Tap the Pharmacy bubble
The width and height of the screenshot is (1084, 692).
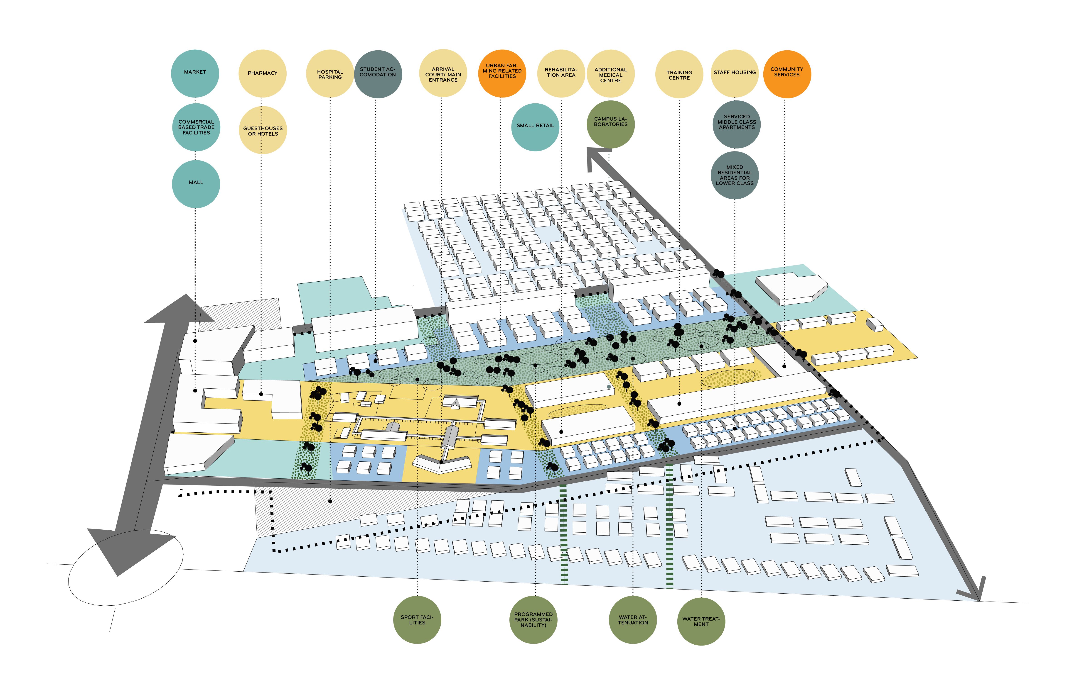point(263,73)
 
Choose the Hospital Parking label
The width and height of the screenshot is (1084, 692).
point(330,74)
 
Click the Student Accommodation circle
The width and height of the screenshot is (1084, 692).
point(378,74)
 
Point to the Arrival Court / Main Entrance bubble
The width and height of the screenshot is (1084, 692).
point(443,74)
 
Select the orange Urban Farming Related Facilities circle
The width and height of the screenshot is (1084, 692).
point(502,73)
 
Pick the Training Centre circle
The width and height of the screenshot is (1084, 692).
point(679,74)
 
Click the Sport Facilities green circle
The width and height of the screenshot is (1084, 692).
point(417,620)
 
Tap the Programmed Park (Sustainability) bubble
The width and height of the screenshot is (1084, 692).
point(533,620)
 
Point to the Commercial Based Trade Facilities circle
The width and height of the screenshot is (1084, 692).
point(196,127)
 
